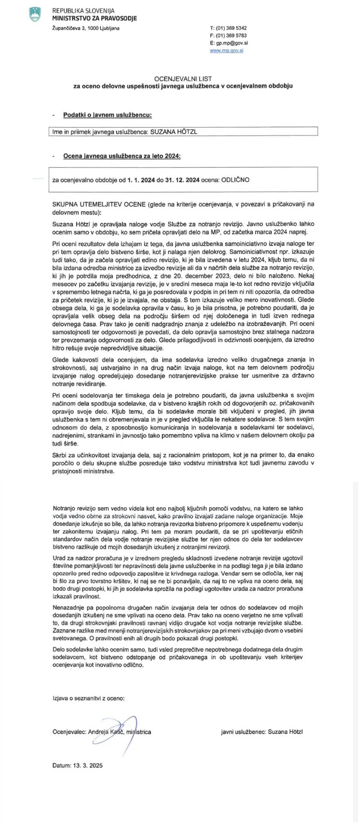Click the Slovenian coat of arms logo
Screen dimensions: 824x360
click(34, 14)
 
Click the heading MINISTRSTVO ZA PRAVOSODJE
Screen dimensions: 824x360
click(95, 18)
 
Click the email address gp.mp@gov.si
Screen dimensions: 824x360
click(232, 43)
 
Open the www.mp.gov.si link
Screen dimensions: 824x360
click(226, 51)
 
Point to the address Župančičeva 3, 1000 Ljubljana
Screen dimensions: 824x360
click(86, 28)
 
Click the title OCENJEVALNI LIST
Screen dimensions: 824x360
click(183, 79)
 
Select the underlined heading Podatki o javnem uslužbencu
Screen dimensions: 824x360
click(107, 115)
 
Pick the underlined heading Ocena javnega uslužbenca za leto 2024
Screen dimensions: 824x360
click(122, 156)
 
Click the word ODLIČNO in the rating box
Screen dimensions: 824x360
click(235, 180)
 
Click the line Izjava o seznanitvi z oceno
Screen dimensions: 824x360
click(89, 698)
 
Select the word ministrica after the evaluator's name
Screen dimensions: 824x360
click(139, 731)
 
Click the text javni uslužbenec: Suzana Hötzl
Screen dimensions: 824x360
click(262, 731)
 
